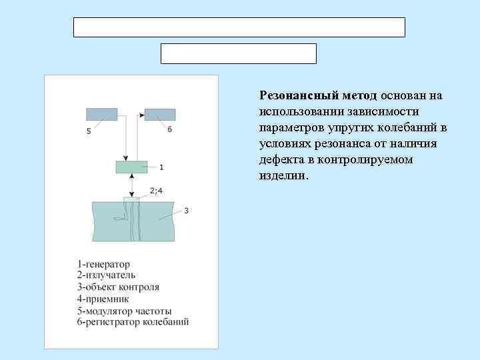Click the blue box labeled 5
coord(101,114)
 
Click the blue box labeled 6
coord(160,114)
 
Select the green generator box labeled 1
coord(131,167)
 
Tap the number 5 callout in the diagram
coord(89,131)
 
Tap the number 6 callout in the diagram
coord(169,129)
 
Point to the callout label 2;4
coord(155,191)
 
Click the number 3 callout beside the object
coord(186,211)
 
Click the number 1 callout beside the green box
coord(161,167)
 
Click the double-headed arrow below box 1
coord(132,185)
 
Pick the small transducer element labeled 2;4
coord(132,199)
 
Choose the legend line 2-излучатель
coord(106,275)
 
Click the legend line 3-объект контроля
coord(118,287)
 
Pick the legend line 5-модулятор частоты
coord(124,311)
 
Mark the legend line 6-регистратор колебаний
coord(133,322)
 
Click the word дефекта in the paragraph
coord(280,160)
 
